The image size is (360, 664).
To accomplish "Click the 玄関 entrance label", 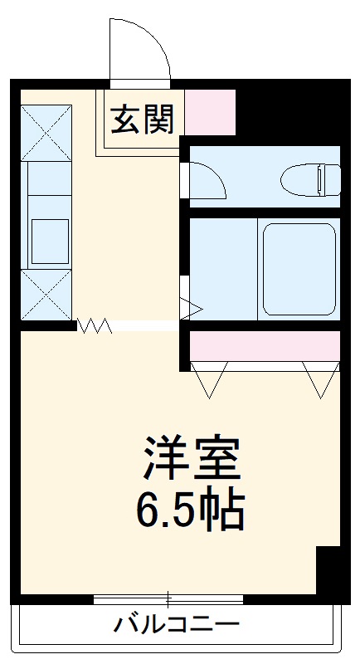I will point(143,120).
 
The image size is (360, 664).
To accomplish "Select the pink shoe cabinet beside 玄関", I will point(210,112).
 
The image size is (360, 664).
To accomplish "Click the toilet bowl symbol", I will point(310,179).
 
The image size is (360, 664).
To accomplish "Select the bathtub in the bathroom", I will point(299,269).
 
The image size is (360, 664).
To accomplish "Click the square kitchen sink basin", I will point(50,239).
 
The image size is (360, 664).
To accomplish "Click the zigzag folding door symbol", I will point(95,326).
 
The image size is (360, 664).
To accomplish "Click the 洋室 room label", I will point(192,460).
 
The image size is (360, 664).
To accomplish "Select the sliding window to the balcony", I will point(168,598).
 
